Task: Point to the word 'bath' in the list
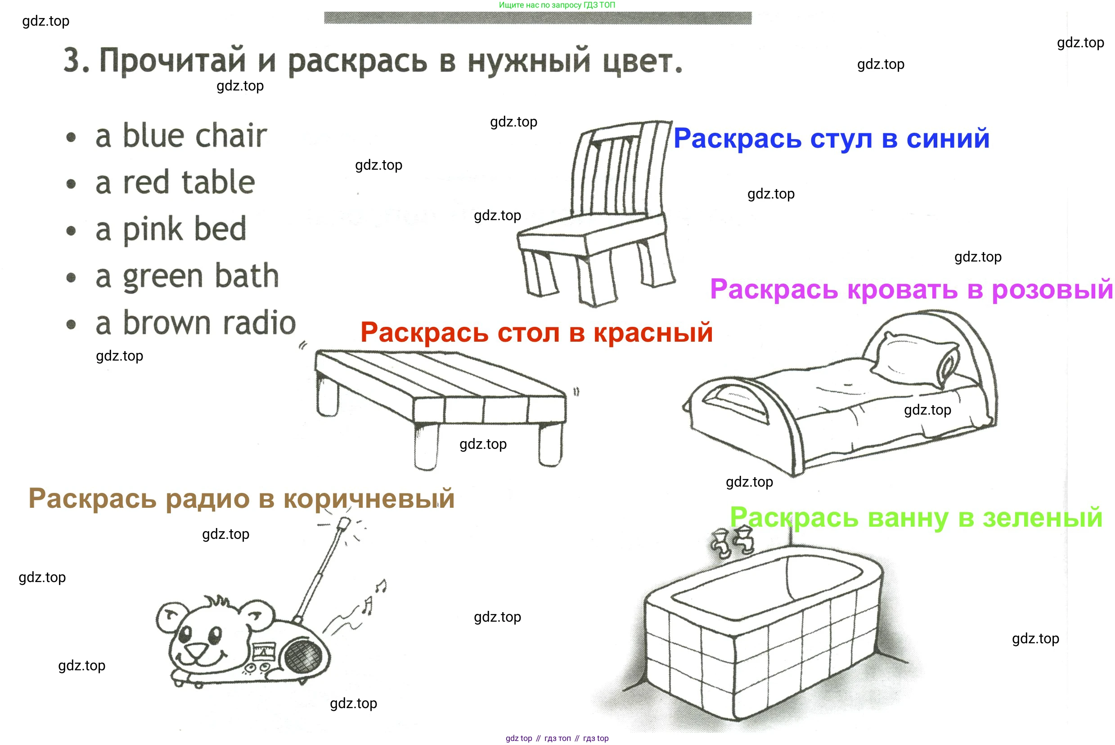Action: (x=247, y=275)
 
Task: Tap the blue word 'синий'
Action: (x=948, y=139)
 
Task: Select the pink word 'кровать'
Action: (x=903, y=289)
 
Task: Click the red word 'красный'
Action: (x=653, y=333)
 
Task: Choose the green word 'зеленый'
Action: (x=1043, y=518)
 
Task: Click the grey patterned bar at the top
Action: (x=538, y=18)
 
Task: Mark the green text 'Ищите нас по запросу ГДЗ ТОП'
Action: (x=557, y=5)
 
